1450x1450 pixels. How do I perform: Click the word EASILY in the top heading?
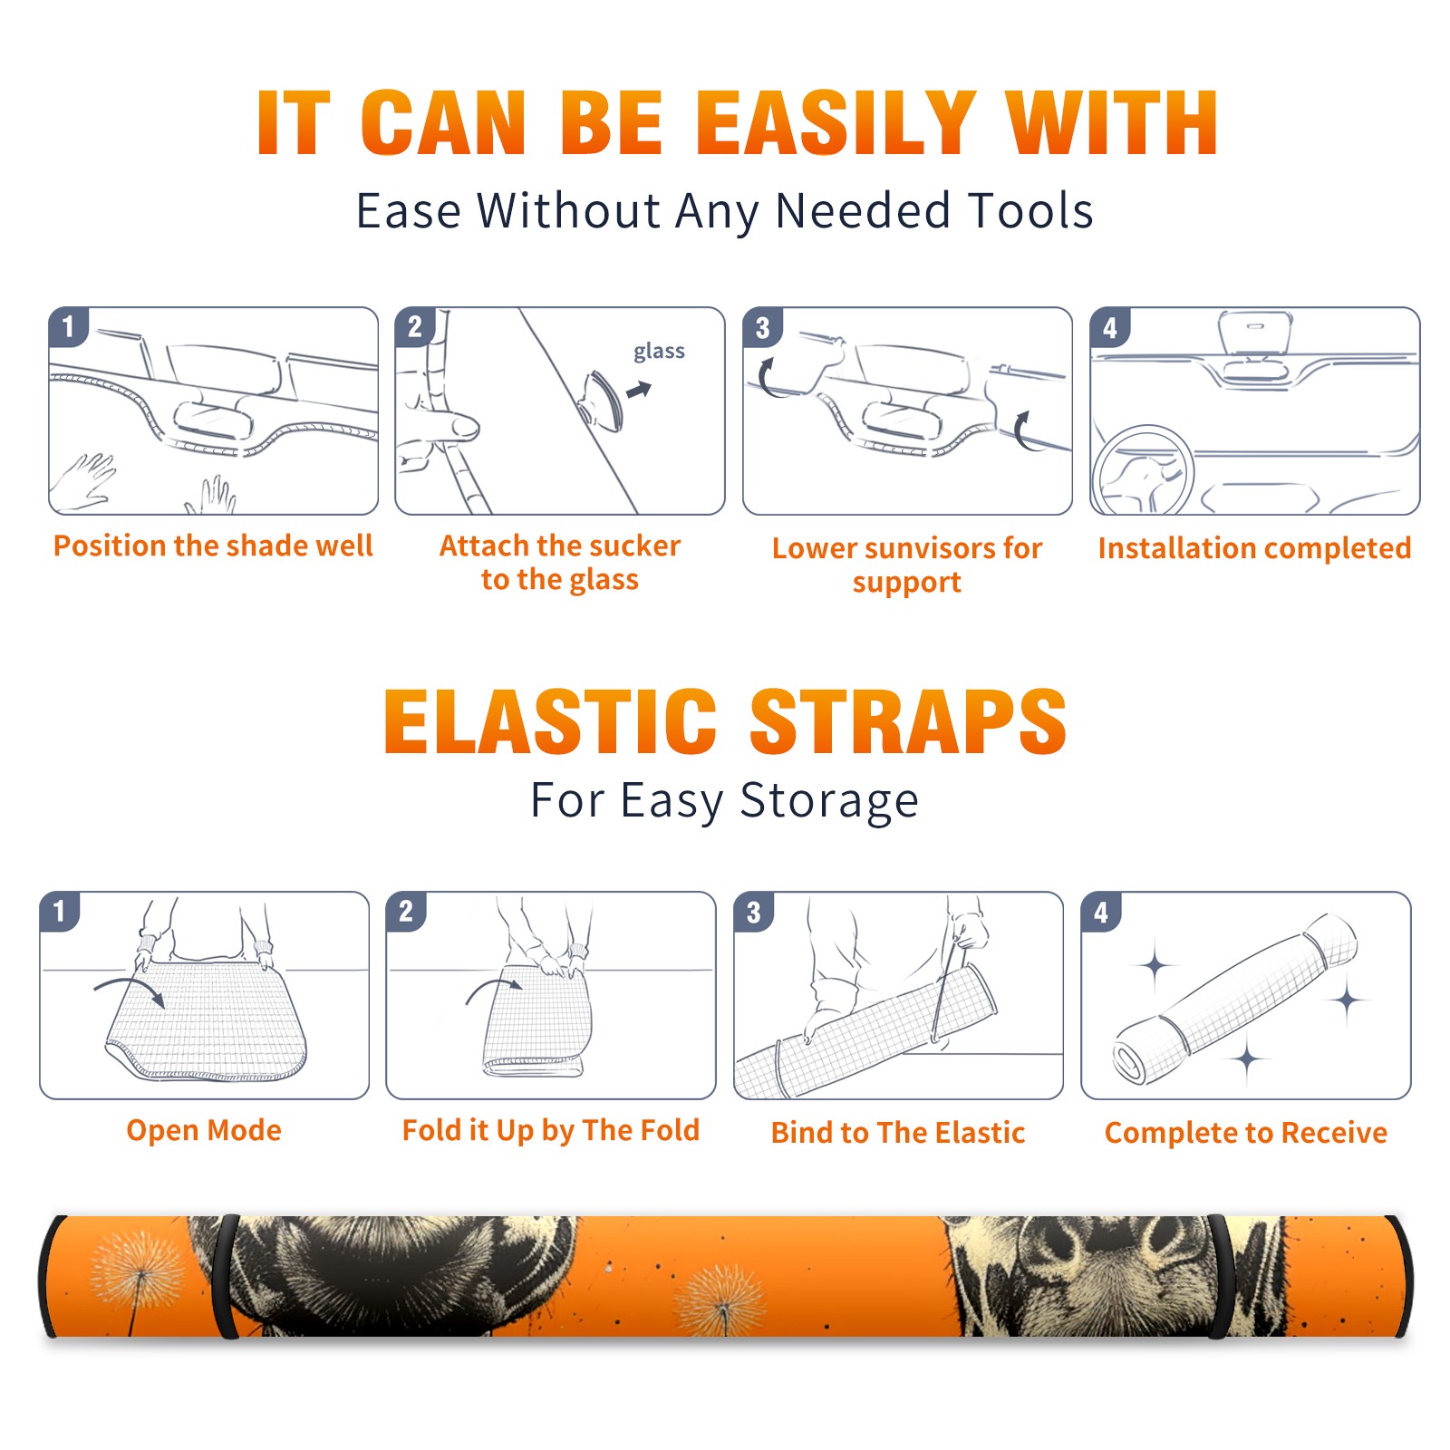(x=836, y=123)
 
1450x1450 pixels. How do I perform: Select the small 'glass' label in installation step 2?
(x=659, y=352)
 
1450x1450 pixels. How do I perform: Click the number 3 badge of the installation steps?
(x=762, y=327)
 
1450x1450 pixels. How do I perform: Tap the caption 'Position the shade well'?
(x=213, y=546)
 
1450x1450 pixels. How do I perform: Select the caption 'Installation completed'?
(x=1254, y=547)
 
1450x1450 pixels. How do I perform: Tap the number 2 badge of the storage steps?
(x=406, y=912)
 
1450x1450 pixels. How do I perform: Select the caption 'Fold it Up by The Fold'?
(x=551, y=1130)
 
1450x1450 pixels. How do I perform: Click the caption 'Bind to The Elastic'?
(x=898, y=1132)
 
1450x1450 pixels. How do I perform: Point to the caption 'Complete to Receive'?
(x=1246, y=1132)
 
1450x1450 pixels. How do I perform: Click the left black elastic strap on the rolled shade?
(x=226, y=1276)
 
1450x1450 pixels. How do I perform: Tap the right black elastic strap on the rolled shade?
(x=1219, y=1276)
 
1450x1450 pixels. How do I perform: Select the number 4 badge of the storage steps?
(x=1101, y=912)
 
